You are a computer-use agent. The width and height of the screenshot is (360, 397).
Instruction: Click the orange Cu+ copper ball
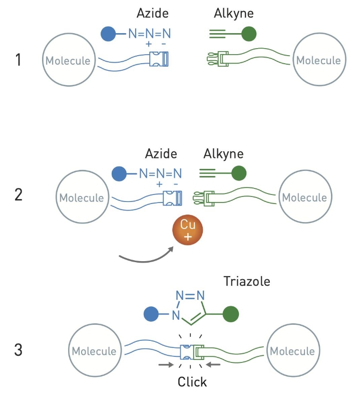(187, 230)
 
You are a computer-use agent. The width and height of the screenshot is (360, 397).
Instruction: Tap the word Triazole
(247, 281)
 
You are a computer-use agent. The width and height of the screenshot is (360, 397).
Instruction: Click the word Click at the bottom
(192, 382)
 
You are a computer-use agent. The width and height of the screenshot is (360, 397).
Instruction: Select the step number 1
(18, 60)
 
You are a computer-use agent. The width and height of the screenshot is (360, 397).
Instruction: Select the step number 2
(19, 194)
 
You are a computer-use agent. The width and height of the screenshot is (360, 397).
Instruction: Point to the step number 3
(18, 350)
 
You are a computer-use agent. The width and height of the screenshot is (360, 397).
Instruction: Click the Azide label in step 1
(153, 13)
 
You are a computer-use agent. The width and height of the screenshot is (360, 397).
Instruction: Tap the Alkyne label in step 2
(223, 154)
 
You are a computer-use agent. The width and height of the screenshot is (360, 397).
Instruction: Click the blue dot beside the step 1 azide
(108, 34)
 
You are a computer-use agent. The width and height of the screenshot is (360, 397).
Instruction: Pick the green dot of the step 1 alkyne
(249, 34)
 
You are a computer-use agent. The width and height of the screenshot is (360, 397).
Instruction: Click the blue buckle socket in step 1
(159, 59)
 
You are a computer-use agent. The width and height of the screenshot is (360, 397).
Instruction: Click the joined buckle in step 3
(192, 352)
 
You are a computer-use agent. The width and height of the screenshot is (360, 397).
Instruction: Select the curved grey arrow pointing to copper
(146, 258)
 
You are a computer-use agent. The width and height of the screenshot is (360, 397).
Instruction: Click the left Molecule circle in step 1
(69, 60)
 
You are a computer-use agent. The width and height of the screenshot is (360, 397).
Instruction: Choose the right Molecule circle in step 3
(293, 350)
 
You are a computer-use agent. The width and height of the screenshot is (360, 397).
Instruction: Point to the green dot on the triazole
(231, 314)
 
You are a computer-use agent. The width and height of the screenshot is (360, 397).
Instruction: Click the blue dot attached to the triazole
(151, 314)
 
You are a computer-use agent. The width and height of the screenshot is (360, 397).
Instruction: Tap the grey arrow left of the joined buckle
(166, 364)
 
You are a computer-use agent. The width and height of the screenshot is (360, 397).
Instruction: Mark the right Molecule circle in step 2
(305, 196)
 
